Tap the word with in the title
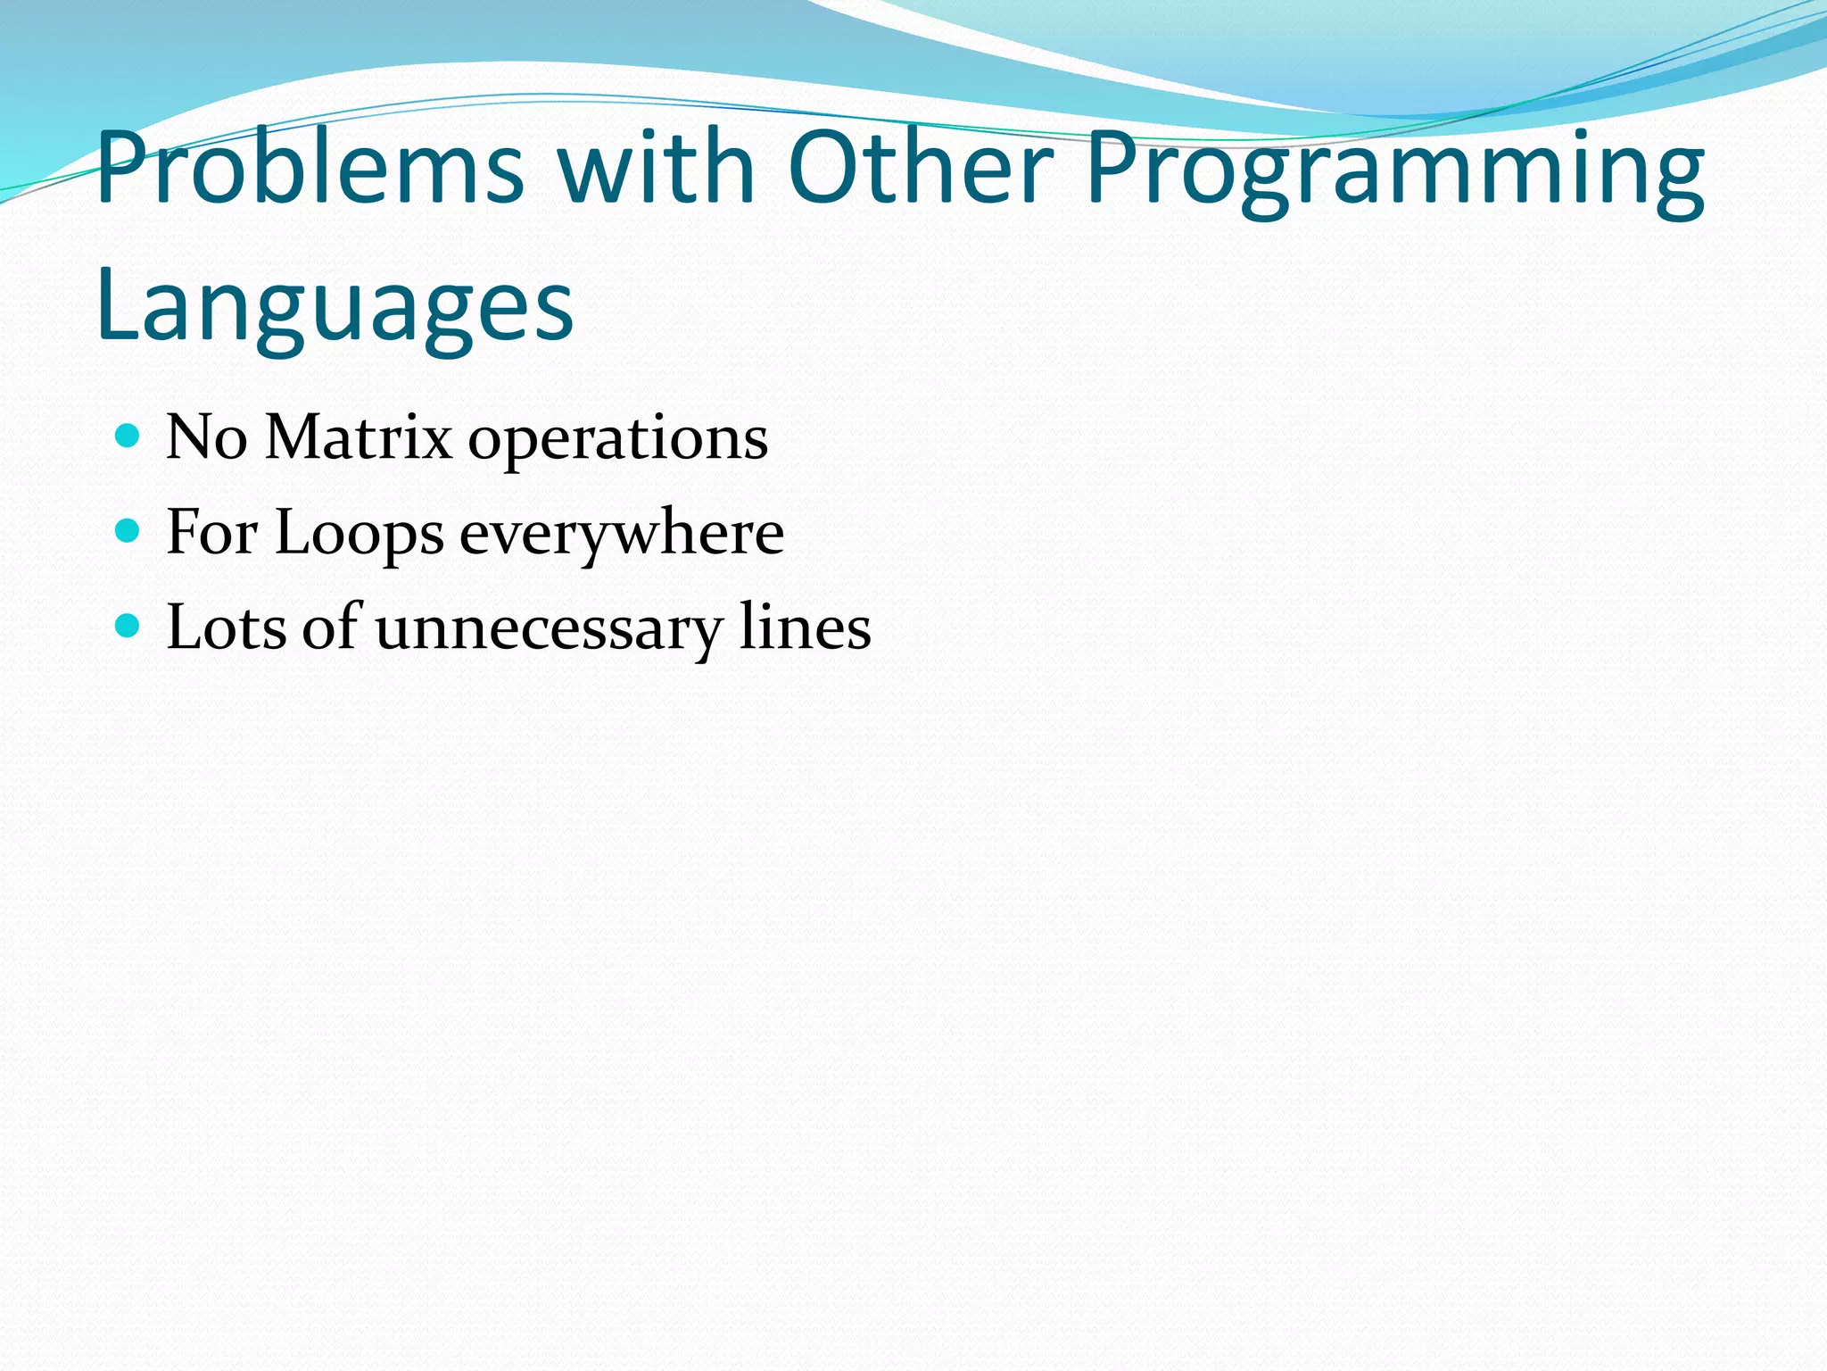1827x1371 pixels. click(657, 167)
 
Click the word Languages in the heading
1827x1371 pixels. click(335, 308)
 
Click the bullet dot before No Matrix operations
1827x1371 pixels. click(128, 436)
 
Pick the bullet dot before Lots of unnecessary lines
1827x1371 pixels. click(128, 627)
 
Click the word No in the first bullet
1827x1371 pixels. click(206, 438)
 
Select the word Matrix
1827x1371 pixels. click(359, 438)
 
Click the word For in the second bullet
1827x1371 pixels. click(212, 533)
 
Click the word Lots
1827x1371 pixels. click(227, 627)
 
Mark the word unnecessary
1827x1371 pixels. click(547, 630)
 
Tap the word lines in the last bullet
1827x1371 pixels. click(805, 627)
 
